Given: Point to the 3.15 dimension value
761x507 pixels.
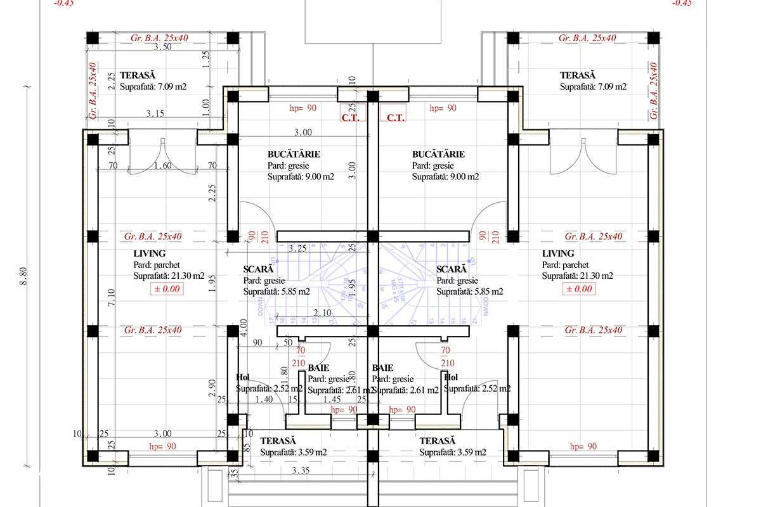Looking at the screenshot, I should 156,113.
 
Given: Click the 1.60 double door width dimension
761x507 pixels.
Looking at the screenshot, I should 164,166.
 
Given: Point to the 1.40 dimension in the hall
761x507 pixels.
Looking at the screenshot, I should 264,399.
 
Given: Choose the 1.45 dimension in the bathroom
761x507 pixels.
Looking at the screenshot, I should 332,399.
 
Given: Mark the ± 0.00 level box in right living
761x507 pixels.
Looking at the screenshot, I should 578,289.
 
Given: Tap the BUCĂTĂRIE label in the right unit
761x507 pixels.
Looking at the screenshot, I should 438,154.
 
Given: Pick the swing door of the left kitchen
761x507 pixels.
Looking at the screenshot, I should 257,219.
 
